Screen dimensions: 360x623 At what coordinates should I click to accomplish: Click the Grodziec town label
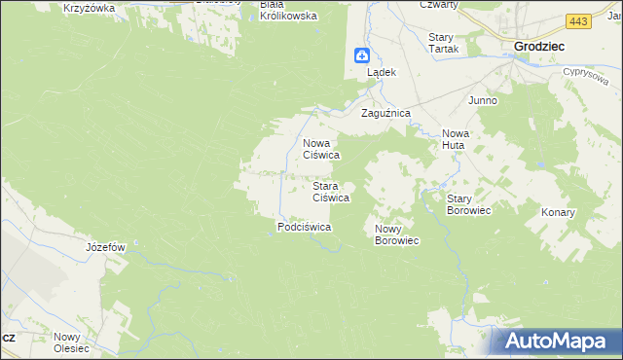541,46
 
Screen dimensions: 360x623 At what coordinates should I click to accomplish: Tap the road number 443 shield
578,21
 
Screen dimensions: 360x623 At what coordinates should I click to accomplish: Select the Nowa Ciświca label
320,148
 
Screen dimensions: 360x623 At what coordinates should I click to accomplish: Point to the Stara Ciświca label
330,192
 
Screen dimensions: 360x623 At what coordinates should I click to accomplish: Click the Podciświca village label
305,227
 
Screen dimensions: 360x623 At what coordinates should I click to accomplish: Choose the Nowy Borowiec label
396,234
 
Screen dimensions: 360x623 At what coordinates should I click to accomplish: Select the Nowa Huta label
455,139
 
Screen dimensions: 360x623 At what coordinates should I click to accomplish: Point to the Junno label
483,101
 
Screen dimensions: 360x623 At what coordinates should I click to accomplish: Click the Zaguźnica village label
386,114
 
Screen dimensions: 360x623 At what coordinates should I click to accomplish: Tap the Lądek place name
381,73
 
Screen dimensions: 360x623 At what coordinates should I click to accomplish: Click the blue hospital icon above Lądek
361,56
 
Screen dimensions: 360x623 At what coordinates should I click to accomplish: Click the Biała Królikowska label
287,10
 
